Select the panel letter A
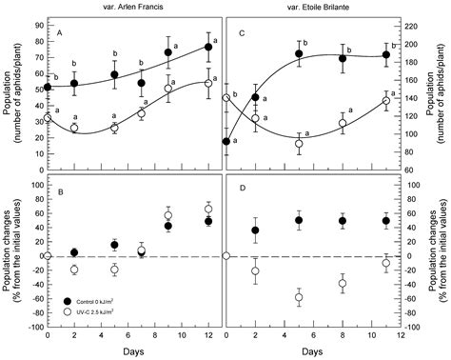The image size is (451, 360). coord(59,31)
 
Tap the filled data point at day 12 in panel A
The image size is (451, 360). coord(208,47)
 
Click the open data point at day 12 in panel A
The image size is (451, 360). coord(208,84)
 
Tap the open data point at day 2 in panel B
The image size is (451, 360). coord(74,270)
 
